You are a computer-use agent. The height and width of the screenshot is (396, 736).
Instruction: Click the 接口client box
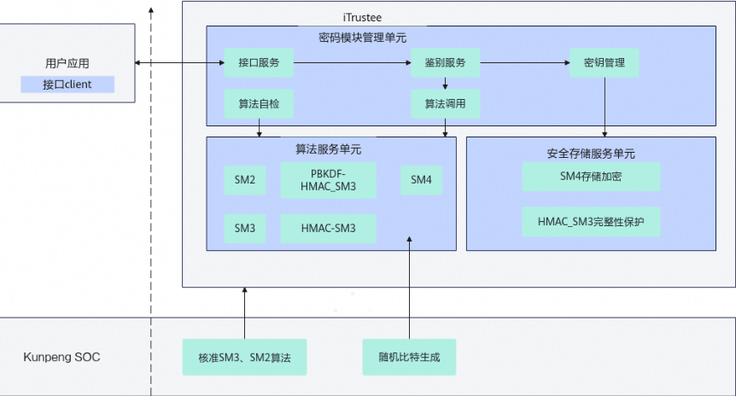(x=67, y=84)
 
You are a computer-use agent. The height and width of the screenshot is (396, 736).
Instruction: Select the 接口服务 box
(x=259, y=63)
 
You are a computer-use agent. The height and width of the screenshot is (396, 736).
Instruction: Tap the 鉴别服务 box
(x=445, y=63)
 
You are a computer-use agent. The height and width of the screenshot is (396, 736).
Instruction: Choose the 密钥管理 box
(x=605, y=63)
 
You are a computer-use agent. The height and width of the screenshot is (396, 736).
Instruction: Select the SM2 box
(x=245, y=180)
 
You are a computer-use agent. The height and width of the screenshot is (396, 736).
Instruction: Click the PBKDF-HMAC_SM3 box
(x=328, y=180)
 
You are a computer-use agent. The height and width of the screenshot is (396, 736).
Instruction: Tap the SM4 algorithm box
(x=421, y=180)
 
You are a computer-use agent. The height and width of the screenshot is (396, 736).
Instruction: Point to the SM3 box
(x=245, y=228)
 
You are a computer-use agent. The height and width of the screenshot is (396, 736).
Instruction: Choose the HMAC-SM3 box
(x=328, y=228)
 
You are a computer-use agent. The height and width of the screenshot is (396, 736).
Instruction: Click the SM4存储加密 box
(x=592, y=178)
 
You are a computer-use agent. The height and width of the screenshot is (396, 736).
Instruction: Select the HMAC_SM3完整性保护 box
(x=592, y=221)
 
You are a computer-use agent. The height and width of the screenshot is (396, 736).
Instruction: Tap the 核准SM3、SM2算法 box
(x=244, y=357)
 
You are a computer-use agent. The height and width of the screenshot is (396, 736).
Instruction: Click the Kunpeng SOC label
(x=61, y=357)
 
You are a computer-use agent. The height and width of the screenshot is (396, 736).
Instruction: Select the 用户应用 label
(x=67, y=63)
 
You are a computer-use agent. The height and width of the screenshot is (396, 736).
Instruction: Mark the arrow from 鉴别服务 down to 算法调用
(x=445, y=84)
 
